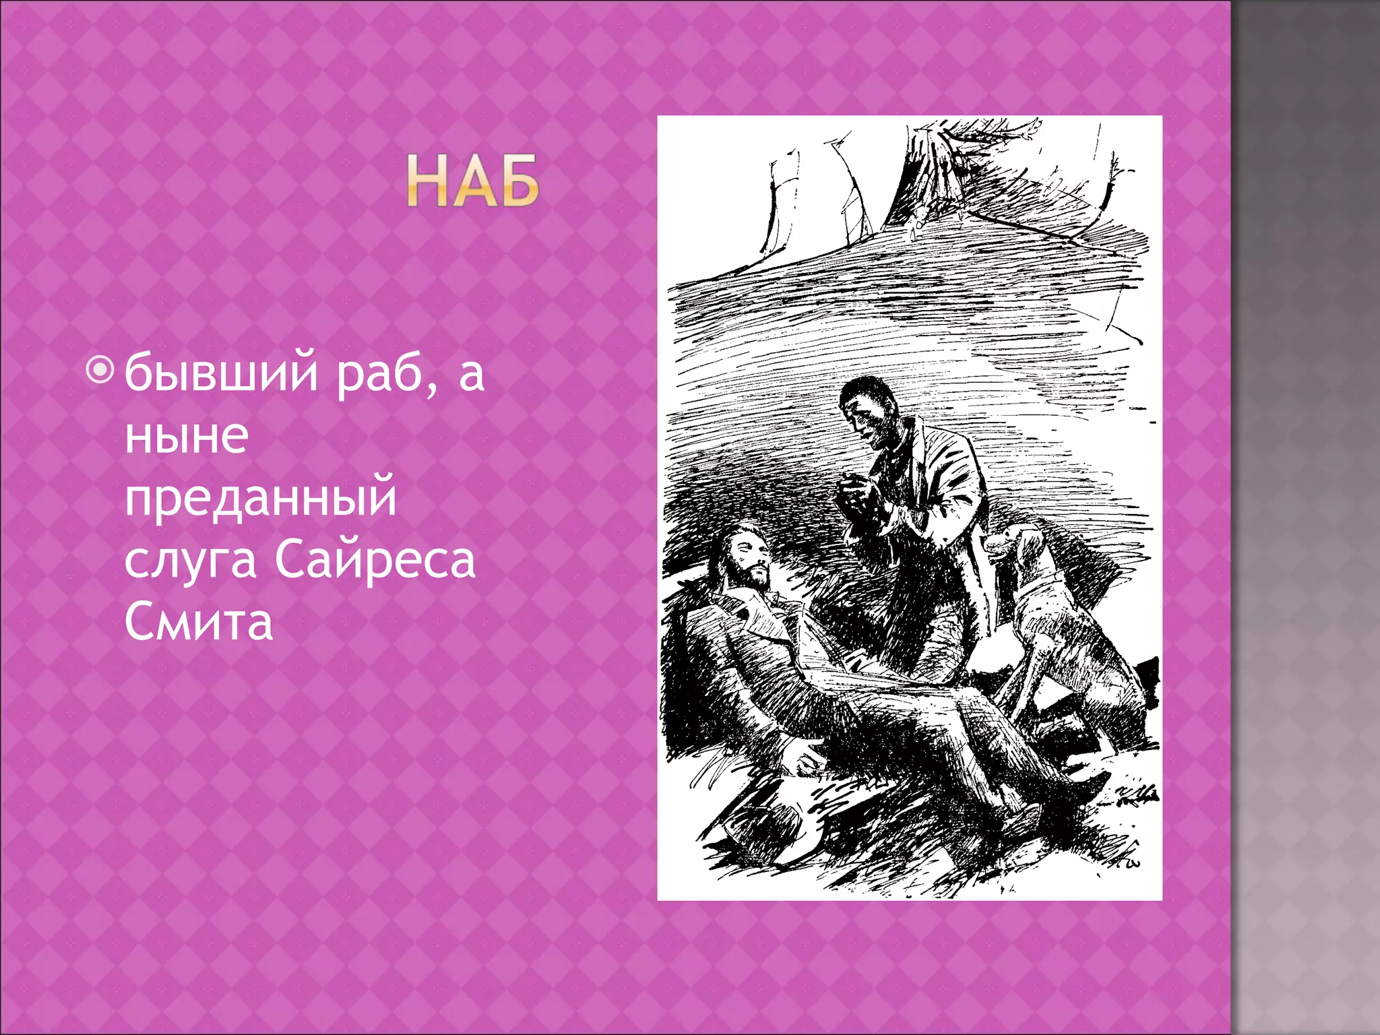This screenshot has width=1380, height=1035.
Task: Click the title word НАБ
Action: (472, 181)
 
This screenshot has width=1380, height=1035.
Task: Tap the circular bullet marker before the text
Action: (100, 370)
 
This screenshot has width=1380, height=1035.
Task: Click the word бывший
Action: (221, 373)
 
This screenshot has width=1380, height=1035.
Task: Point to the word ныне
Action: (187, 435)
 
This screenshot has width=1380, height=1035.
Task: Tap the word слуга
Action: (190, 560)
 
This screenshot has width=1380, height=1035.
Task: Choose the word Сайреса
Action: (375, 560)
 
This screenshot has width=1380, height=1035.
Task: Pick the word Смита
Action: (199, 622)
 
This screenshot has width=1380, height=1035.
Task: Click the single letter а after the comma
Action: (471, 374)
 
